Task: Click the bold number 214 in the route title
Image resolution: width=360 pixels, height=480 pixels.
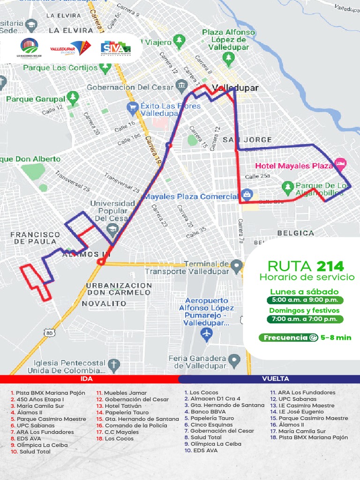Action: tap(330, 266)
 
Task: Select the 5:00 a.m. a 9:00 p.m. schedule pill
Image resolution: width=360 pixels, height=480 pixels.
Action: tap(305, 300)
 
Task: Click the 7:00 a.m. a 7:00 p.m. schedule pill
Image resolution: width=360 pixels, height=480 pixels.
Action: tap(305, 319)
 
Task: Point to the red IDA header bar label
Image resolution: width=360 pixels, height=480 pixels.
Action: tap(87, 379)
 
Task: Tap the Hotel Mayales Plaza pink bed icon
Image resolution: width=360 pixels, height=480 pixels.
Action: tap(341, 164)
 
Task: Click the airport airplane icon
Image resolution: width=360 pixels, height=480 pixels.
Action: tap(206, 334)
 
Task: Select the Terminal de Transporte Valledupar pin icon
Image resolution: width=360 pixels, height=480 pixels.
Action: tap(236, 266)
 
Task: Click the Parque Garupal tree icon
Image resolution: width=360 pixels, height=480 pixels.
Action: tap(73, 97)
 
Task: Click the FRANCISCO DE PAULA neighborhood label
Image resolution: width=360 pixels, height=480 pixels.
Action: tap(35, 238)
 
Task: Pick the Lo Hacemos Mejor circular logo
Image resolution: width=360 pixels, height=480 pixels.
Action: tap(29, 46)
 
